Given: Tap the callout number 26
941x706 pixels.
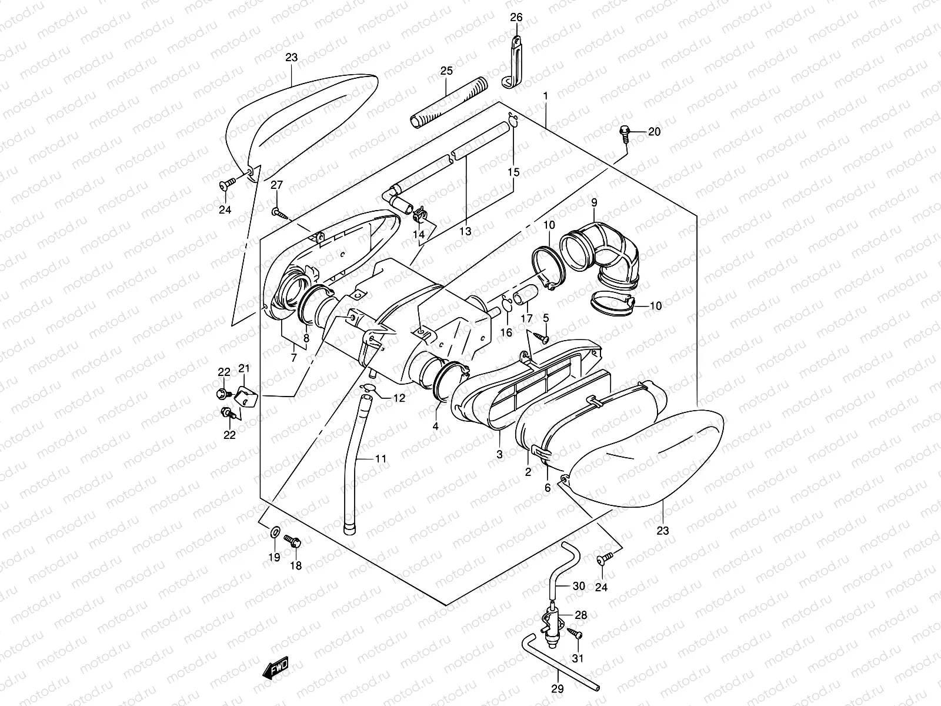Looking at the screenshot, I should [516, 17].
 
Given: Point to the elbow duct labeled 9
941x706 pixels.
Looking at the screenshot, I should [603, 255].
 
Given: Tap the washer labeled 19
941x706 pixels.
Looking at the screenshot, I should [275, 533].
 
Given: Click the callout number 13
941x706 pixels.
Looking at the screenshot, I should [465, 231].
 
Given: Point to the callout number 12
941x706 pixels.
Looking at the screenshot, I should [399, 398].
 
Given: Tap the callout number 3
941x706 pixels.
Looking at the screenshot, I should [499, 454].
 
